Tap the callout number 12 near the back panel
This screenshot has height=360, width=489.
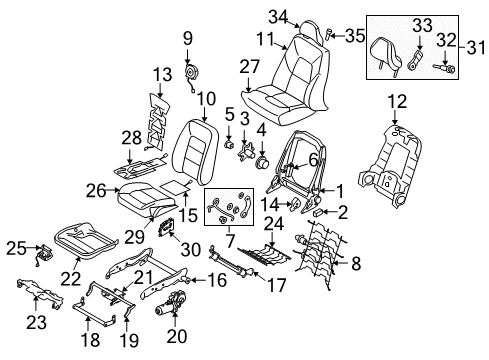[397, 102]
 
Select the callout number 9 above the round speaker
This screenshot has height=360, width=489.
[186, 39]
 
